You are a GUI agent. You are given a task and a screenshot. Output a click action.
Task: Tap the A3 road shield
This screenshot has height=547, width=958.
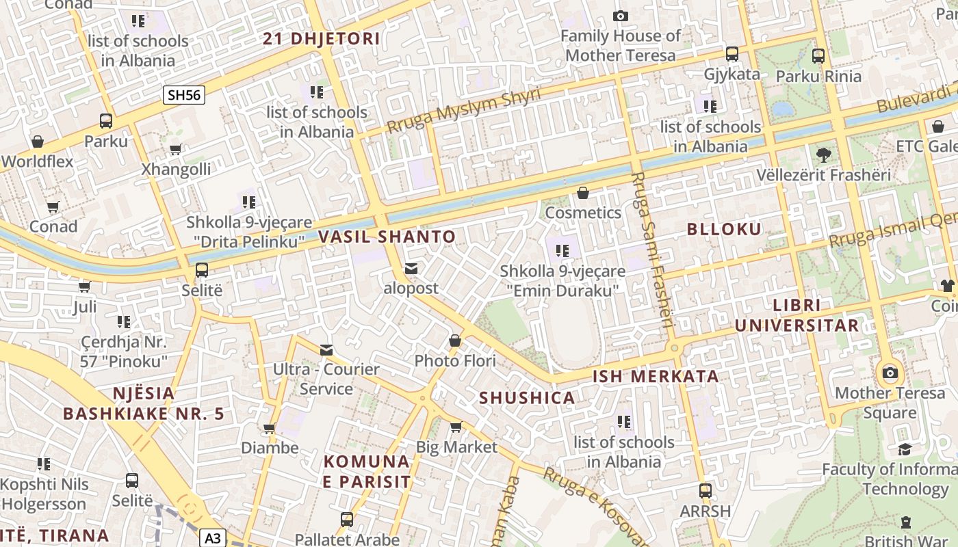[213, 538]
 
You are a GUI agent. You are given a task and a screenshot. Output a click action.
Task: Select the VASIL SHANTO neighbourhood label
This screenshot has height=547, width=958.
[387, 237]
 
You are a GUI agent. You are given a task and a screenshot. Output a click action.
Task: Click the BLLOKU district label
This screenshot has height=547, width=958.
[724, 230]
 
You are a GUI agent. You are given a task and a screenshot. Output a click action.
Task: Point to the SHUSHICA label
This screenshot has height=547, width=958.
[527, 398]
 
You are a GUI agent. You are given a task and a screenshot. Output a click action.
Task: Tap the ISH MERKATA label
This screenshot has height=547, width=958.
[656, 376]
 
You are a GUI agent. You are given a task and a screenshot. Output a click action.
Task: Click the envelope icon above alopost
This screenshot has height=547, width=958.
[411, 269]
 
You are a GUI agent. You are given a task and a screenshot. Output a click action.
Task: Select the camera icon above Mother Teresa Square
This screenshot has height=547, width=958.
[890, 373]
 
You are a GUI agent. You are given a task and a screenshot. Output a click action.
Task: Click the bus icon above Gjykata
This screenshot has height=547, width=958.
[732, 54]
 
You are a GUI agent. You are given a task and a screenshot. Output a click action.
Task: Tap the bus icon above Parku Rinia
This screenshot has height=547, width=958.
[818, 56]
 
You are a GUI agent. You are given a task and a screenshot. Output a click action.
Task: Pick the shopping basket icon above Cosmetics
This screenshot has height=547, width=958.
[583, 194]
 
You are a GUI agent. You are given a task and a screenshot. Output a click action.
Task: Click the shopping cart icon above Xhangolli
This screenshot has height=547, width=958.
[176, 150]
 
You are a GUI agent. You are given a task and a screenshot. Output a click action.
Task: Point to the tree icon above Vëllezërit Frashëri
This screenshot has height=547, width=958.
[824, 155]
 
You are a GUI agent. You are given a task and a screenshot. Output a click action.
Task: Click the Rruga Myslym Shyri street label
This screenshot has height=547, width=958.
[463, 111]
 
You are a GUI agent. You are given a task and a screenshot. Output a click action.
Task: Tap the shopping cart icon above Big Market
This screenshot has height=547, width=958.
[456, 427]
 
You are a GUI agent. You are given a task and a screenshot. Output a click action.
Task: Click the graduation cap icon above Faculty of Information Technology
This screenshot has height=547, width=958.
[905, 450]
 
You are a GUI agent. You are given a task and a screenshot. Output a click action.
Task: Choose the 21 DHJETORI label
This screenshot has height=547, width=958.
[322, 39]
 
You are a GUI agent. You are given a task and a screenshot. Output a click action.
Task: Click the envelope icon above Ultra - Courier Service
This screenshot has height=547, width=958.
[326, 350]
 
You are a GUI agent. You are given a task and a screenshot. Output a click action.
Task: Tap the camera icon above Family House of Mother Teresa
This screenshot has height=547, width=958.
[621, 16]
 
